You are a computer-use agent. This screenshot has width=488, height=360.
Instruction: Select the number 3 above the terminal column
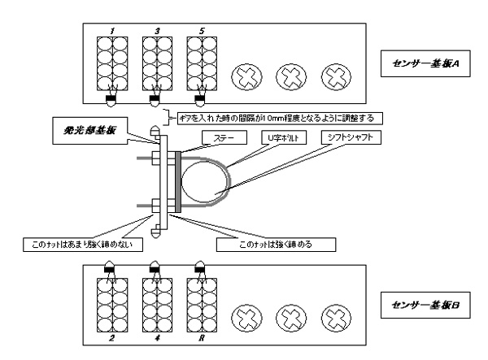click(x=156, y=32)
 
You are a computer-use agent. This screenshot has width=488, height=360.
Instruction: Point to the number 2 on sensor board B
click(x=111, y=331)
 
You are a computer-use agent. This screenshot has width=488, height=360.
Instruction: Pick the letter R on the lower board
click(x=200, y=331)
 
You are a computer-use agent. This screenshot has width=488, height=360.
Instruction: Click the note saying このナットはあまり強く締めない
click(x=83, y=243)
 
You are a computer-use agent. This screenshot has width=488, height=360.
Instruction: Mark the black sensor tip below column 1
click(x=111, y=101)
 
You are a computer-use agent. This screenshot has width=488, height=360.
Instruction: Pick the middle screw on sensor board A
click(x=290, y=79)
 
